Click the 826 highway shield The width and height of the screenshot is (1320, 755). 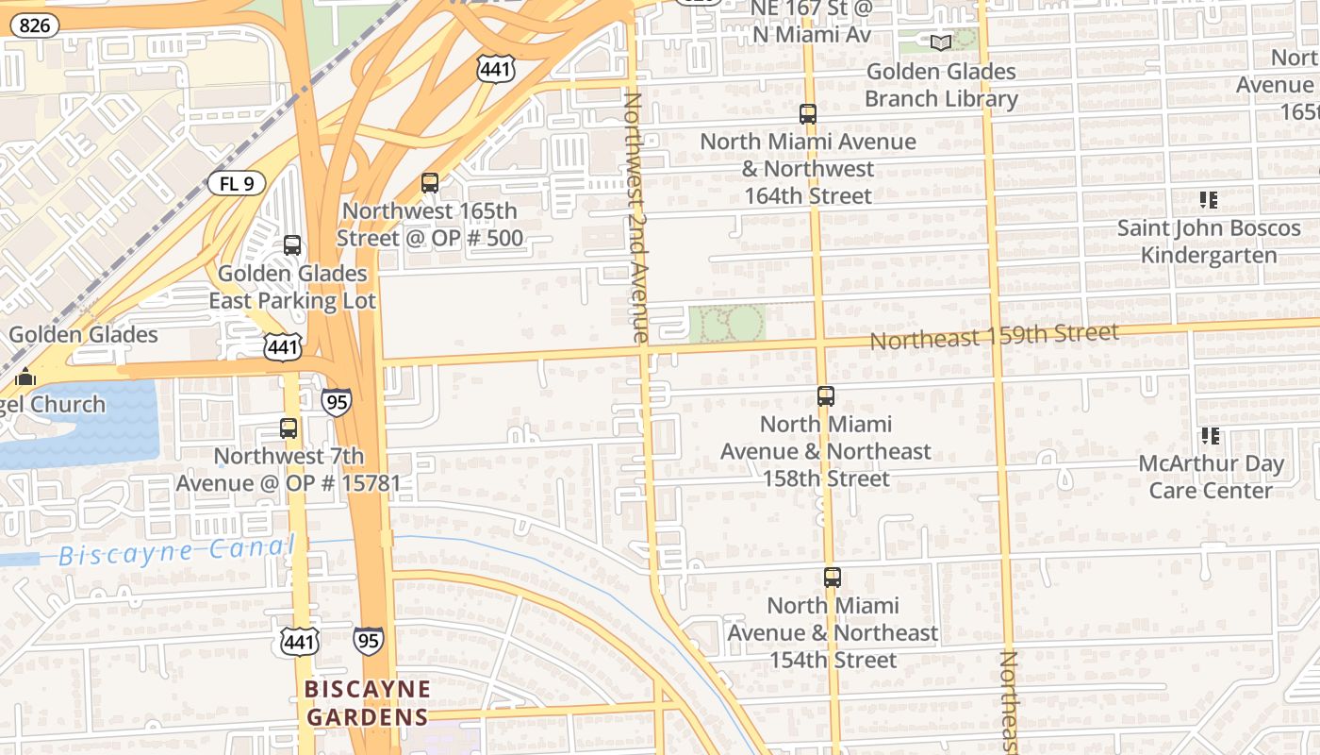[34, 25]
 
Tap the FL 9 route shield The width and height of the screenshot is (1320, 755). [237, 183]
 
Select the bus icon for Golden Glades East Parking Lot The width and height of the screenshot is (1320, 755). [292, 245]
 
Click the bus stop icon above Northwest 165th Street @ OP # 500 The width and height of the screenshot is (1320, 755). [430, 182]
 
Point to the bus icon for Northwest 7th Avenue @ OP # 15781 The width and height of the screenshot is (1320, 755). [289, 428]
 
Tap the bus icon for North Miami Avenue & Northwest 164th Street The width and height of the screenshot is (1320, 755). [808, 114]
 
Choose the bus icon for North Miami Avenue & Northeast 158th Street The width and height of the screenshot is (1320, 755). [826, 396]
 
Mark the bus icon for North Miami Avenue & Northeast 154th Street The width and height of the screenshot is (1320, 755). [832, 578]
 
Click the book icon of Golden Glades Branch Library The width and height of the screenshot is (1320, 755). [940, 42]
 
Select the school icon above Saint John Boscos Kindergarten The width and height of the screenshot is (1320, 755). [1209, 200]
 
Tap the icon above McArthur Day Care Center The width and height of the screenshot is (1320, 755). [1210, 436]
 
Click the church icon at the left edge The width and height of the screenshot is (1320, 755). [25, 377]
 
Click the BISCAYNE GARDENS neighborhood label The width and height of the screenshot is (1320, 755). [368, 703]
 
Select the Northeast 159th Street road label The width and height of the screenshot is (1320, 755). [994, 336]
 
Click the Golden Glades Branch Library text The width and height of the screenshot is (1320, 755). [941, 85]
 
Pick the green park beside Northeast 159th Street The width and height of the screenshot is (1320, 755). [726, 324]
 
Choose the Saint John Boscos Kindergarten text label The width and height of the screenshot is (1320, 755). [1209, 242]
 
